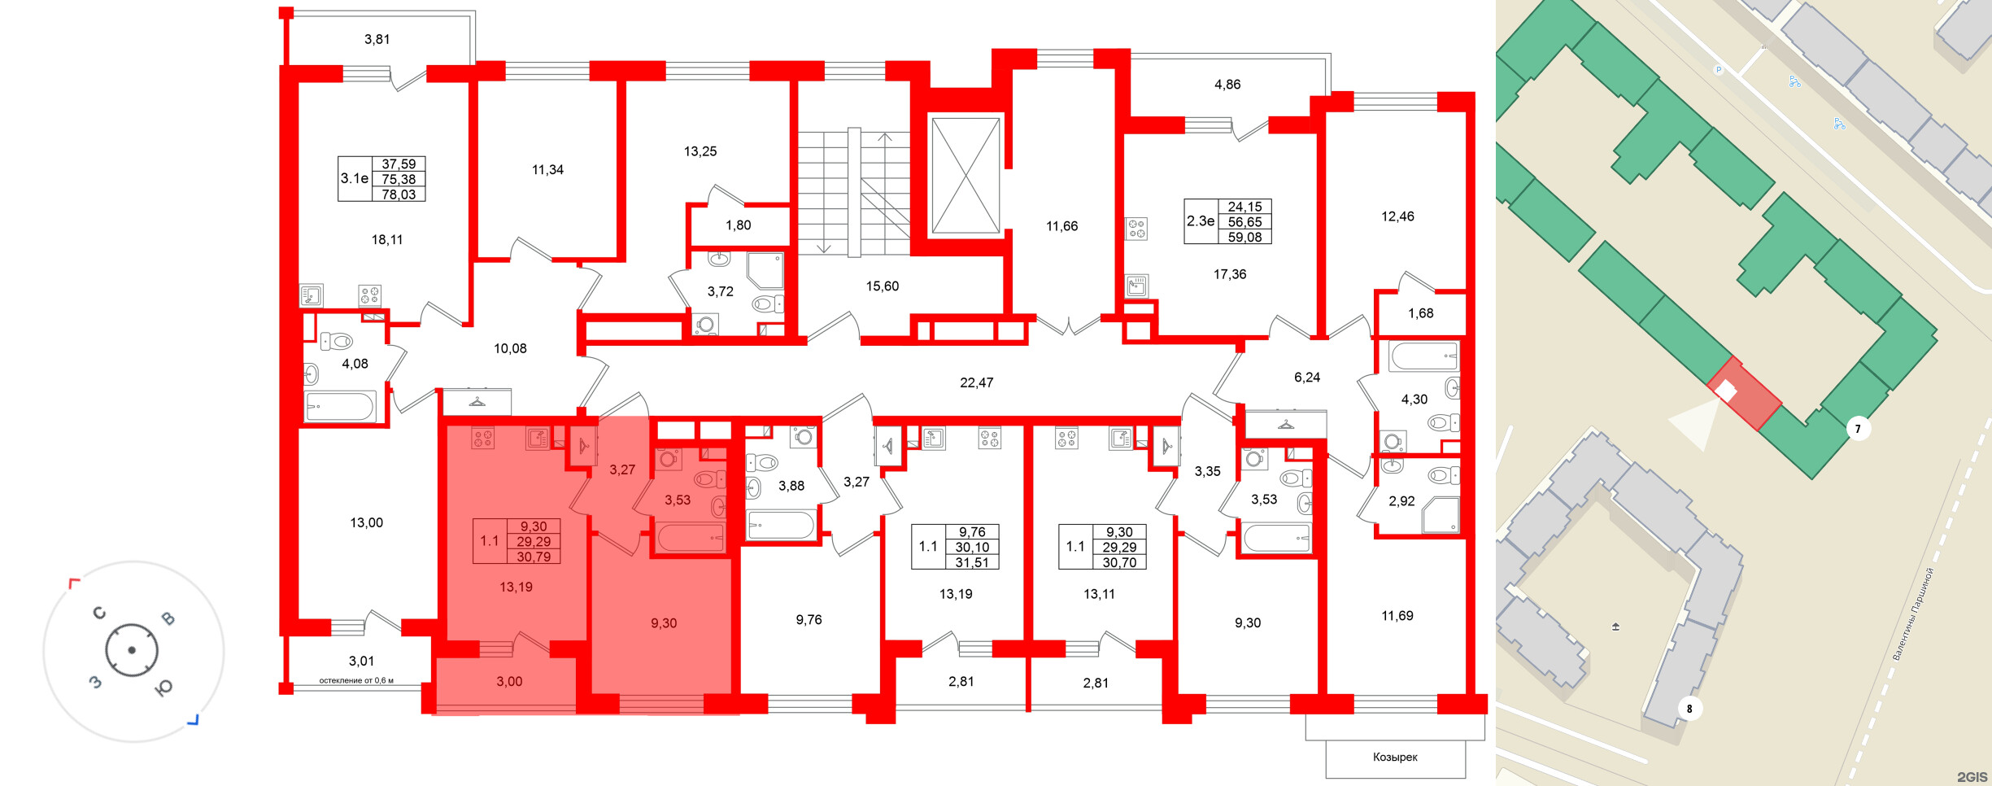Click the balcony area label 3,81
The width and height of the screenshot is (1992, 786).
(377, 39)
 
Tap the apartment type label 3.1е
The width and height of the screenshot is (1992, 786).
(355, 178)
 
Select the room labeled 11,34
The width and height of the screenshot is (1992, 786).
(547, 170)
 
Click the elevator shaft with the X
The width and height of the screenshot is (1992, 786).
(965, 176)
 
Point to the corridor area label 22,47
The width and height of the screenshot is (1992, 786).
(976, 382)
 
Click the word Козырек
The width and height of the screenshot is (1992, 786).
(1395, 758)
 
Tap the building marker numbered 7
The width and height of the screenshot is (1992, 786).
(1858, 429)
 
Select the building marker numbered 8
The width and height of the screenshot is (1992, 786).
(1689, 709)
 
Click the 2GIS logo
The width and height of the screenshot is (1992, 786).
(1972, 777)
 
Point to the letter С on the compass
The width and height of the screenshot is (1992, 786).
(99, 613)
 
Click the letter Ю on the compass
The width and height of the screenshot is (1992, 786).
(163, 688)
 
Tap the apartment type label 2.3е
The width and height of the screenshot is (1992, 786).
(1201, 221)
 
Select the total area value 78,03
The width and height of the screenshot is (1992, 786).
(399, 194)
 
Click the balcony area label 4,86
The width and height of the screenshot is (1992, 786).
(1227, 85)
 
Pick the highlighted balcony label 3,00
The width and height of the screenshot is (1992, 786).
(509, 682)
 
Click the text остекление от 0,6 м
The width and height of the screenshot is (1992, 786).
(356, 680)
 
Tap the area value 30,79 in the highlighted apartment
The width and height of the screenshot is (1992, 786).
(534, 557)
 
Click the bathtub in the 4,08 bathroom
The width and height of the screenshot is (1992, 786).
(340, 406)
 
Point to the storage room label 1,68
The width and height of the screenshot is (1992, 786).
(1420, 313)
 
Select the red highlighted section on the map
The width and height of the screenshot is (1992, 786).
(1744, 393)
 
